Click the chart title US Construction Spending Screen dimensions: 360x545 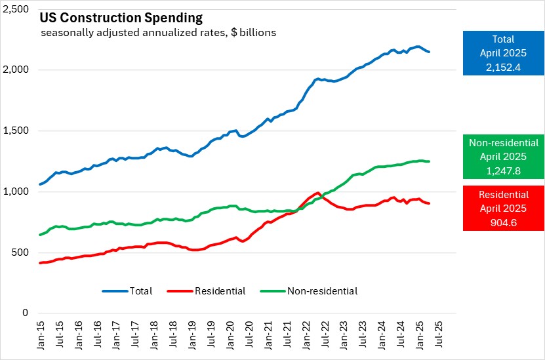(121, 17)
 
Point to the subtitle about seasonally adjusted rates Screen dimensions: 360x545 (158, 32)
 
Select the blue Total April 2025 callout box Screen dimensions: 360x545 (503, 52)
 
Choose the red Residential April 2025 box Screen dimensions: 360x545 (503, 207)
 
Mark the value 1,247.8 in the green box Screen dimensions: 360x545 (503, 169)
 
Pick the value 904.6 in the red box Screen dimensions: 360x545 (503, 220)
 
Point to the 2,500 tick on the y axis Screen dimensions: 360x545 (15, 9)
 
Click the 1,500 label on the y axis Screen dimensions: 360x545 (15, 130)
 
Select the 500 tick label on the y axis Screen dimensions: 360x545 (20, 252)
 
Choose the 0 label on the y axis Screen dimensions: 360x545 (26, 313)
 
